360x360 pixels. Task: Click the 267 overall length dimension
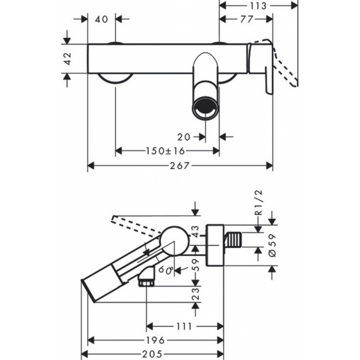click(180, 166)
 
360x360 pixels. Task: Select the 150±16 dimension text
click(165, 151)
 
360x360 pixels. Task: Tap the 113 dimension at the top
click(258, 6)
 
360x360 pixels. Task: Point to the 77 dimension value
click(247, 19)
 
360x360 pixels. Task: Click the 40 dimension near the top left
click(102, 19)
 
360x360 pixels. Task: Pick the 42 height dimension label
click(68, 59)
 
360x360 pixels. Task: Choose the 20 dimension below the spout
click(184, 137)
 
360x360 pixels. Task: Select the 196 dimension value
click(155, 340)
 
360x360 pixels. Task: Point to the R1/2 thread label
click(259, 202)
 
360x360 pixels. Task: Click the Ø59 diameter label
click(273, 245)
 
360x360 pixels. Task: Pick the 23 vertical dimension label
click(195, 294)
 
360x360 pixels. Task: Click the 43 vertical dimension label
click(195, 232)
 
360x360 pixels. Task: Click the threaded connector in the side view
click(232, 240)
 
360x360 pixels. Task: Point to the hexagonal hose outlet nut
click(146, 283)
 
